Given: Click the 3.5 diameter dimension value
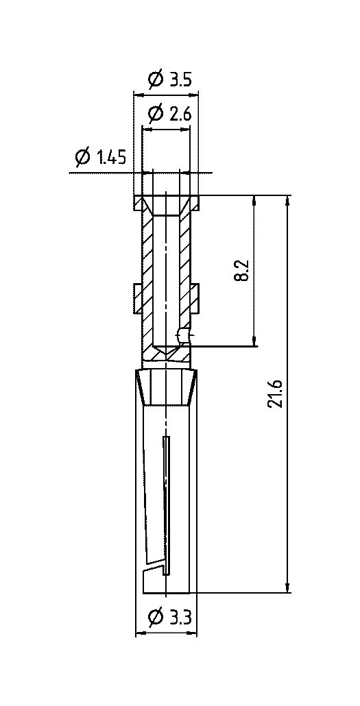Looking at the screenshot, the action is pyautogui.click(x=181, y=80).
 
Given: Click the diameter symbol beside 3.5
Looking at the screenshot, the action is pyautogui.click(x=156, y=80).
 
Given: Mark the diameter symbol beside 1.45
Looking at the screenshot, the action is pyautogui.click(x=84, y=158).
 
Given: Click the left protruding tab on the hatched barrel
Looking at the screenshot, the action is pyautogui.click(x=139, y=299).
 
